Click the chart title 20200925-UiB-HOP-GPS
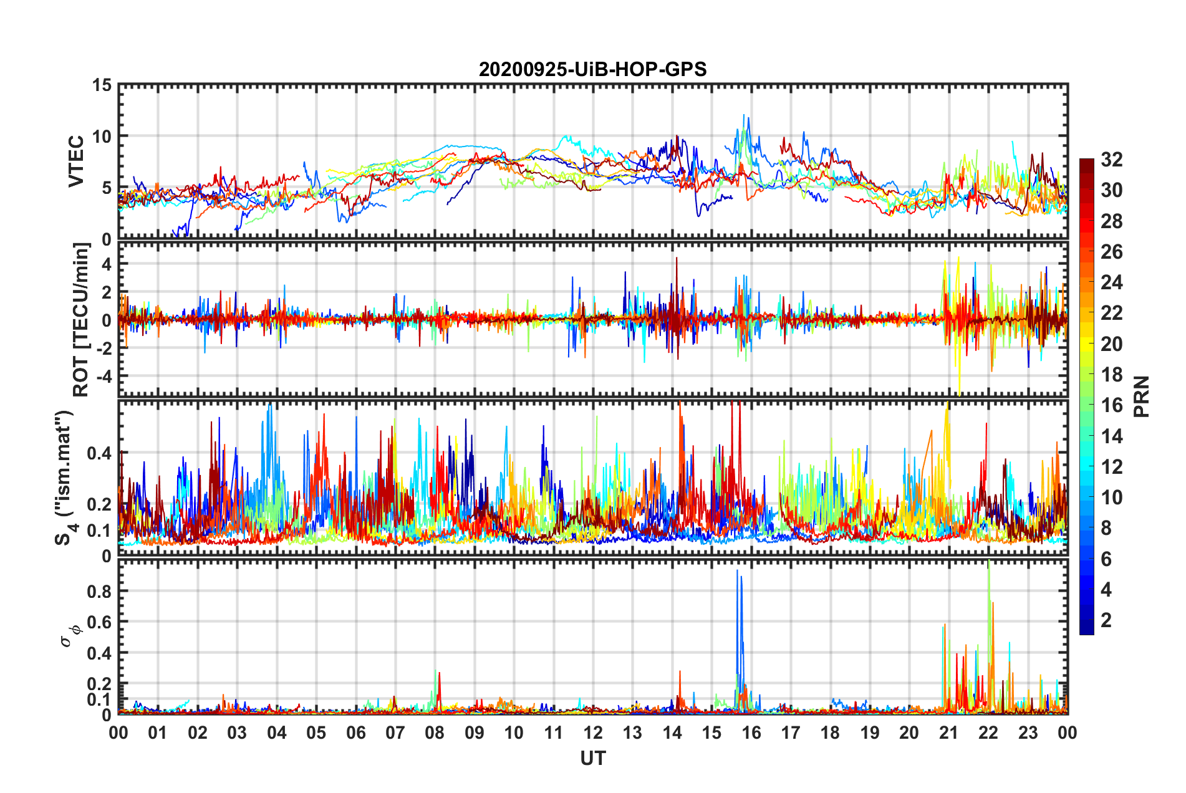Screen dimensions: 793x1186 coord(592,69)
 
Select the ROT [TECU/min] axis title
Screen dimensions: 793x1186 coord(81,320)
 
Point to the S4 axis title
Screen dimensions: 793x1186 coord(64,478)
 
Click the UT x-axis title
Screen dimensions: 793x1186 coord(592,758)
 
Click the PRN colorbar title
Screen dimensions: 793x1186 coord(1141,396)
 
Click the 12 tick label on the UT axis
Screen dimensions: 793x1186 coord(593,733)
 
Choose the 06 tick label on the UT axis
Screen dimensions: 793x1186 coord(355,733)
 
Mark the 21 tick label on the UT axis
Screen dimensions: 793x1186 coord(948,733)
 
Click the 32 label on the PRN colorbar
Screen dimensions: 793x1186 coord(1111,160)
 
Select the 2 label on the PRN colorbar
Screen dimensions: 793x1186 coord(1106,620)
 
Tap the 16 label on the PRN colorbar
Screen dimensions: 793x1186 coord(1111,405)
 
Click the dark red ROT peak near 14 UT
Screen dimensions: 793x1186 coord(676,259)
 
